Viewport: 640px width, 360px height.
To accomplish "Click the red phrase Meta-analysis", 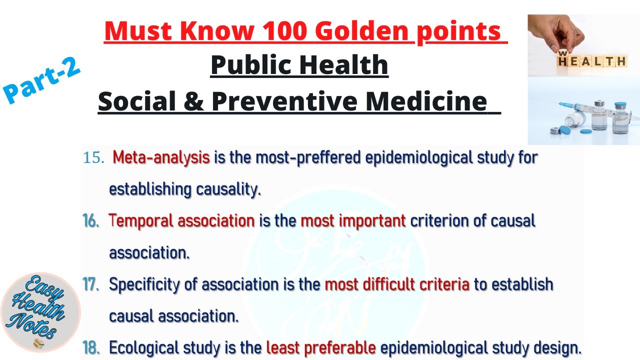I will pyautogui.click(x=161, y=158).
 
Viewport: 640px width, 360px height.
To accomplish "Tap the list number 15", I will pyautogui.click(x=93, y=158).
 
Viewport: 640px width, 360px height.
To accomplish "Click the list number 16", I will pyautogui.click(x=91, y=221).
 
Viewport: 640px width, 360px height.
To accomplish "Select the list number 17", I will pyautogui.click(x=91, y=284).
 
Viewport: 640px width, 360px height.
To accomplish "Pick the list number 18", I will pyautogui.click(x=91, y=348).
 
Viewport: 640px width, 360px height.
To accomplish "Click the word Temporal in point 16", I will pyautogui.click(x=140, y=221).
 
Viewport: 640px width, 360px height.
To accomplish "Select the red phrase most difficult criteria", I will pyautogui.click(x=397, y=284).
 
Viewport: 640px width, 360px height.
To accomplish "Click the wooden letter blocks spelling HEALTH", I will pyautogui.click(x=592, y=61).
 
